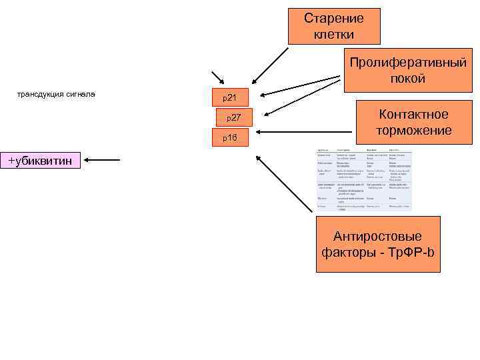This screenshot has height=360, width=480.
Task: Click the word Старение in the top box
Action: pyautogui.click(x=333, y=19)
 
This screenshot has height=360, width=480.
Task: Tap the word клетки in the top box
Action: pyautogui.click(x=333, y=33)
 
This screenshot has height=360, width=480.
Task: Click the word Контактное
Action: pyautogui.click(x=413, y=115)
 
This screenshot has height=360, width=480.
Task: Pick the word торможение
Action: pyautogui.click(x=413, y=130)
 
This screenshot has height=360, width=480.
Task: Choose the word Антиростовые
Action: pyautogui.click(x=378, y=237)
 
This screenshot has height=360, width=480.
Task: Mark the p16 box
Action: pyautogui.click(x=230, y=138)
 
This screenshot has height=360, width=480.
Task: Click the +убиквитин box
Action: pyautogui.click(x=40, y=161)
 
